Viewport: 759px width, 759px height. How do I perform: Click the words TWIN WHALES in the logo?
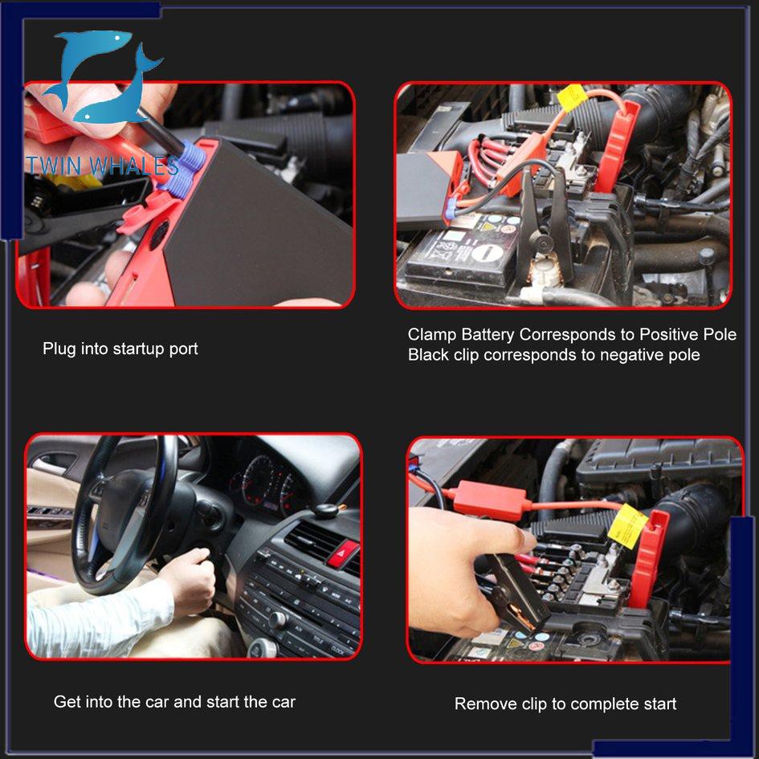click(103, 166)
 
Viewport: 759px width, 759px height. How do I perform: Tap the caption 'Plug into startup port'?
click(120, 349)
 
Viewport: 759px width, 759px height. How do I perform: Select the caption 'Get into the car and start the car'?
click(174, 701)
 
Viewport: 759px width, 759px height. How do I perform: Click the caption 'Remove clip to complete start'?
click(565, 704)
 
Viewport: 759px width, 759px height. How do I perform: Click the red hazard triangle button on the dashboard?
click(341, 553)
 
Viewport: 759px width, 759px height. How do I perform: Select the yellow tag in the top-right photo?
click(572, 97)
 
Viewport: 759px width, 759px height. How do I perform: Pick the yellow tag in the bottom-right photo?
click(626, 526)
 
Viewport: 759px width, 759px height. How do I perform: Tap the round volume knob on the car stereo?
click(277, 619)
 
